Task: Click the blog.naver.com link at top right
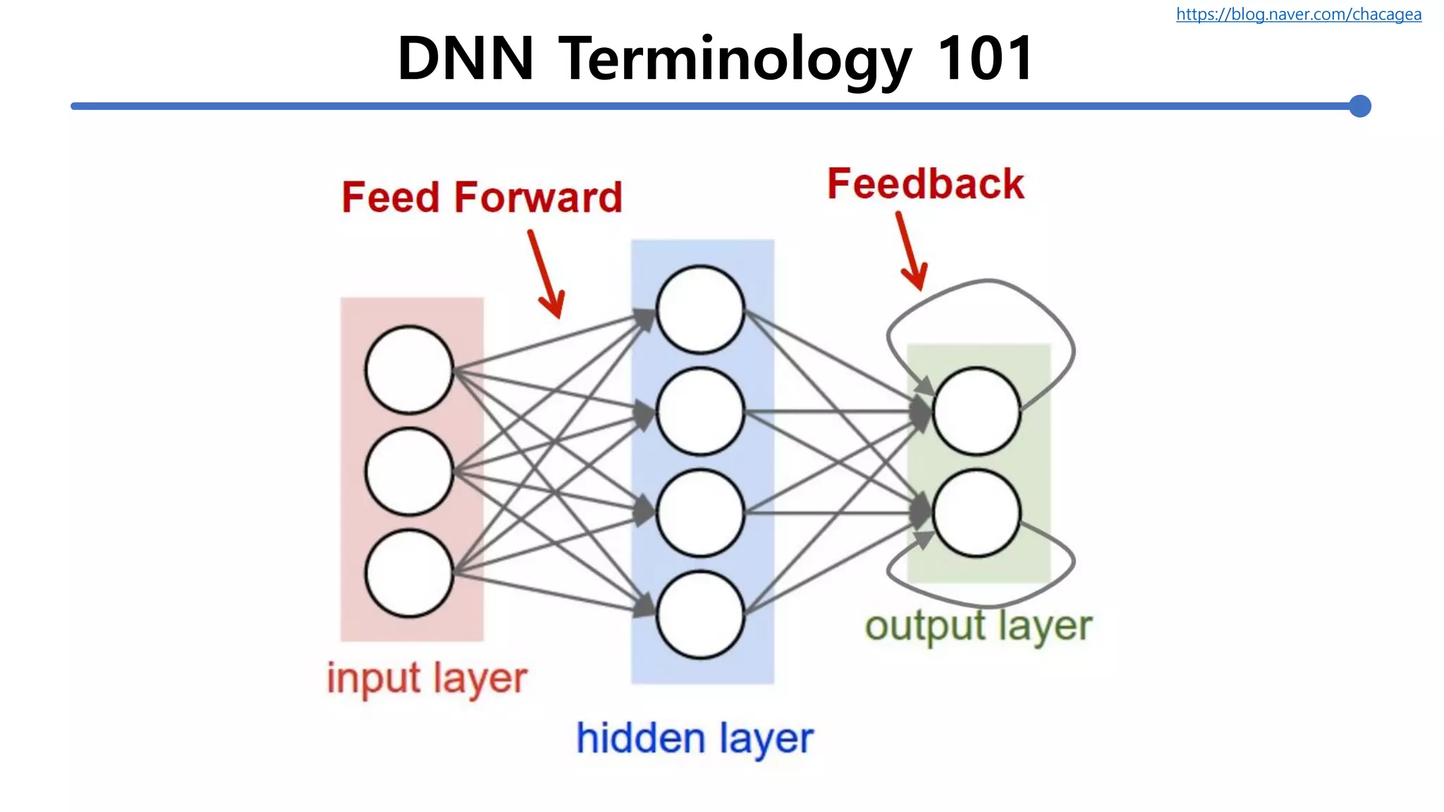tap(1298, 14)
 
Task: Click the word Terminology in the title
tap(735, 59)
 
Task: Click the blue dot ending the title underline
tap(1359, 106)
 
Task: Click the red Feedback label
tap(925, 184)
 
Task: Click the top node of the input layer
tap(409, 369)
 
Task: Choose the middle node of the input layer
tap(409, 472)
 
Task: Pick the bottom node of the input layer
tap(409, 574)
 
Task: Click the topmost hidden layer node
tap(700, 309)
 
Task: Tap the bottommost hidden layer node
tap(700, 615)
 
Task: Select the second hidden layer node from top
tap(700, 411)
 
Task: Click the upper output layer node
tap(977, 411)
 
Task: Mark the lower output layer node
tap(977, 513)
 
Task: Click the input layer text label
tap(427, 679)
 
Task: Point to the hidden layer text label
tap(695, 739)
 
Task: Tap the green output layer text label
tap(978, 626)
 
